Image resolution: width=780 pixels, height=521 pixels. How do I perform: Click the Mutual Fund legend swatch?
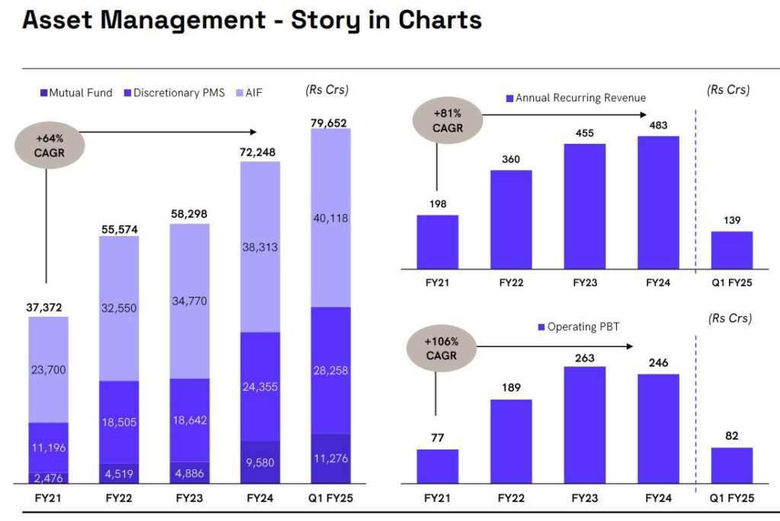pyautogui.click(x=43, y=93)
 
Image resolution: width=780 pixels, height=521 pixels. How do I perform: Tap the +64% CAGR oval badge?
pyautogui.click(x=50, y=145)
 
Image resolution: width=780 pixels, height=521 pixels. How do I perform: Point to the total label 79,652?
pyautogui.click(x=331, y=121)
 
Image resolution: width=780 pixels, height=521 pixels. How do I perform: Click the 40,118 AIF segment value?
pyautogui.click(x=331, y=219)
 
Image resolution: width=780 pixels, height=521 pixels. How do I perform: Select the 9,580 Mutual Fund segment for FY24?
pyautogui.click(x=261, y=462)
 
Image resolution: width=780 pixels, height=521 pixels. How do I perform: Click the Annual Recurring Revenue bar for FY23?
pyautogui.click(x=584, y=206)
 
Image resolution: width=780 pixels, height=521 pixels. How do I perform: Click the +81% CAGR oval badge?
pyautogui.click(x=447, y=121)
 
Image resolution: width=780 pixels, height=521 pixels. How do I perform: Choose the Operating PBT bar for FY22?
pyautogui.click(x=511, y=441)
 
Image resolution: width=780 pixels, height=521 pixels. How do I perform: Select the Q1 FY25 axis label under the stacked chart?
pyautogui.click(x=331, y=499)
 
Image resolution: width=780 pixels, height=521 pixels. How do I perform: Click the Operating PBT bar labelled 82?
pyautogui.click(x=732, y=465)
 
